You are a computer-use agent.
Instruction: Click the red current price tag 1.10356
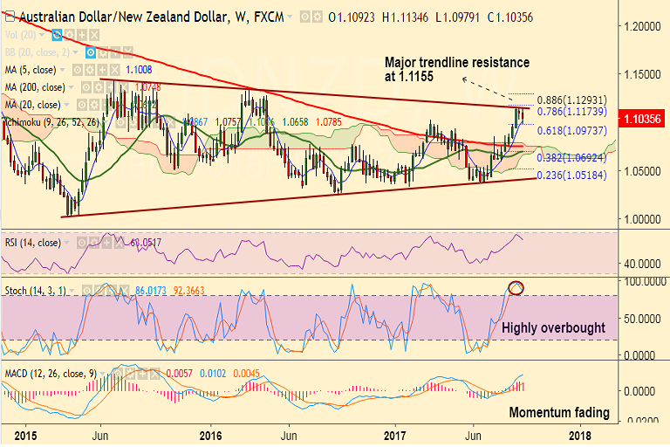click(641, 117)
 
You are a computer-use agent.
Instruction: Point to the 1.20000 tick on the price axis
click(644, 28)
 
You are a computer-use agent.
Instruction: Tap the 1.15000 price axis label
click(644, 76)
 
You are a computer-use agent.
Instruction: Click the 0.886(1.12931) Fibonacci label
click(578, 101)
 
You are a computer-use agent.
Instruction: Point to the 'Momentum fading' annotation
click(559, 412)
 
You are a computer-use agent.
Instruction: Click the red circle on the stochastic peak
click(516, 287)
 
